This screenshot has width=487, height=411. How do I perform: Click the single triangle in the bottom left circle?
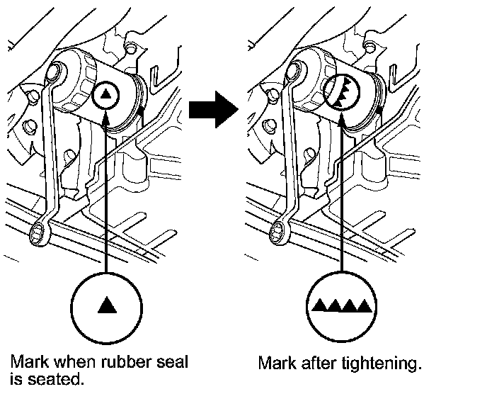tap(106, 305)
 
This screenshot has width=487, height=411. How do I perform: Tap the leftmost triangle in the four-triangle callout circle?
tap(319, 305)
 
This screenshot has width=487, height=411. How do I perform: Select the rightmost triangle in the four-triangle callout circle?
tap(365, 305)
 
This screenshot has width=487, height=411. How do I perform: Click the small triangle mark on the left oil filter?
tap(105, 92)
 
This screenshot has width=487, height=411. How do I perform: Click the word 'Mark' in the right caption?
tap(276, 364)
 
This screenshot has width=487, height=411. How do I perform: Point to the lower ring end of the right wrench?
tap(282, 229)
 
